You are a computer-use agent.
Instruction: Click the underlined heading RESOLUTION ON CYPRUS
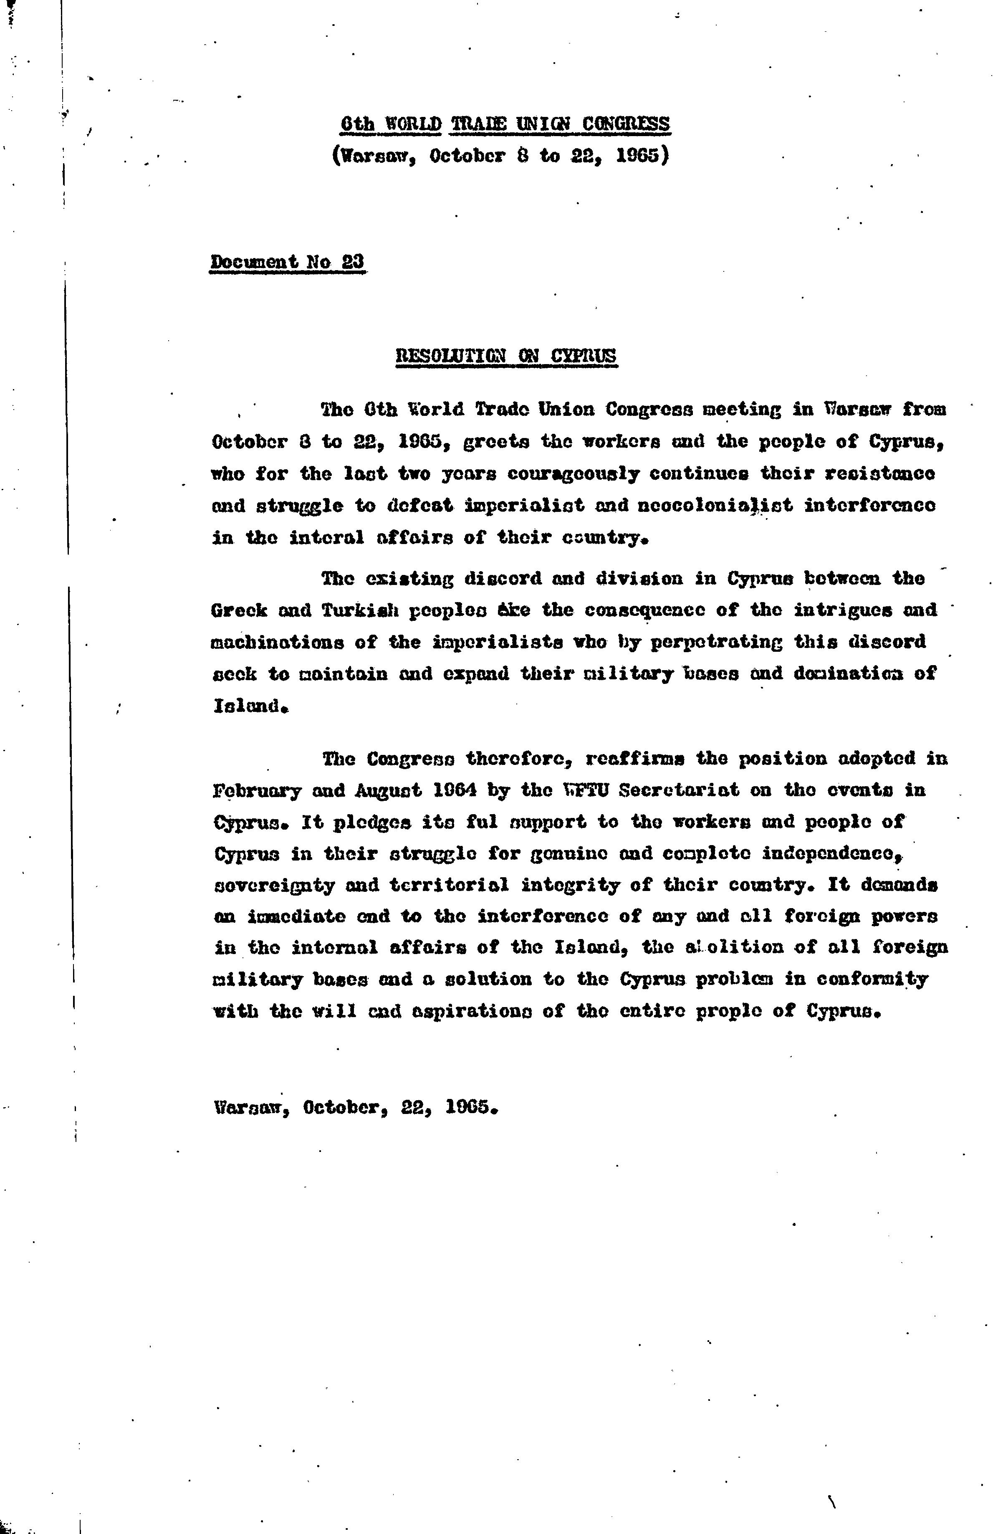point(506,355)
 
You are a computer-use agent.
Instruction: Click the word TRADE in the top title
point(479,123)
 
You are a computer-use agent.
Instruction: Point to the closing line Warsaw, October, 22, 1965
point(356,1107)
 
